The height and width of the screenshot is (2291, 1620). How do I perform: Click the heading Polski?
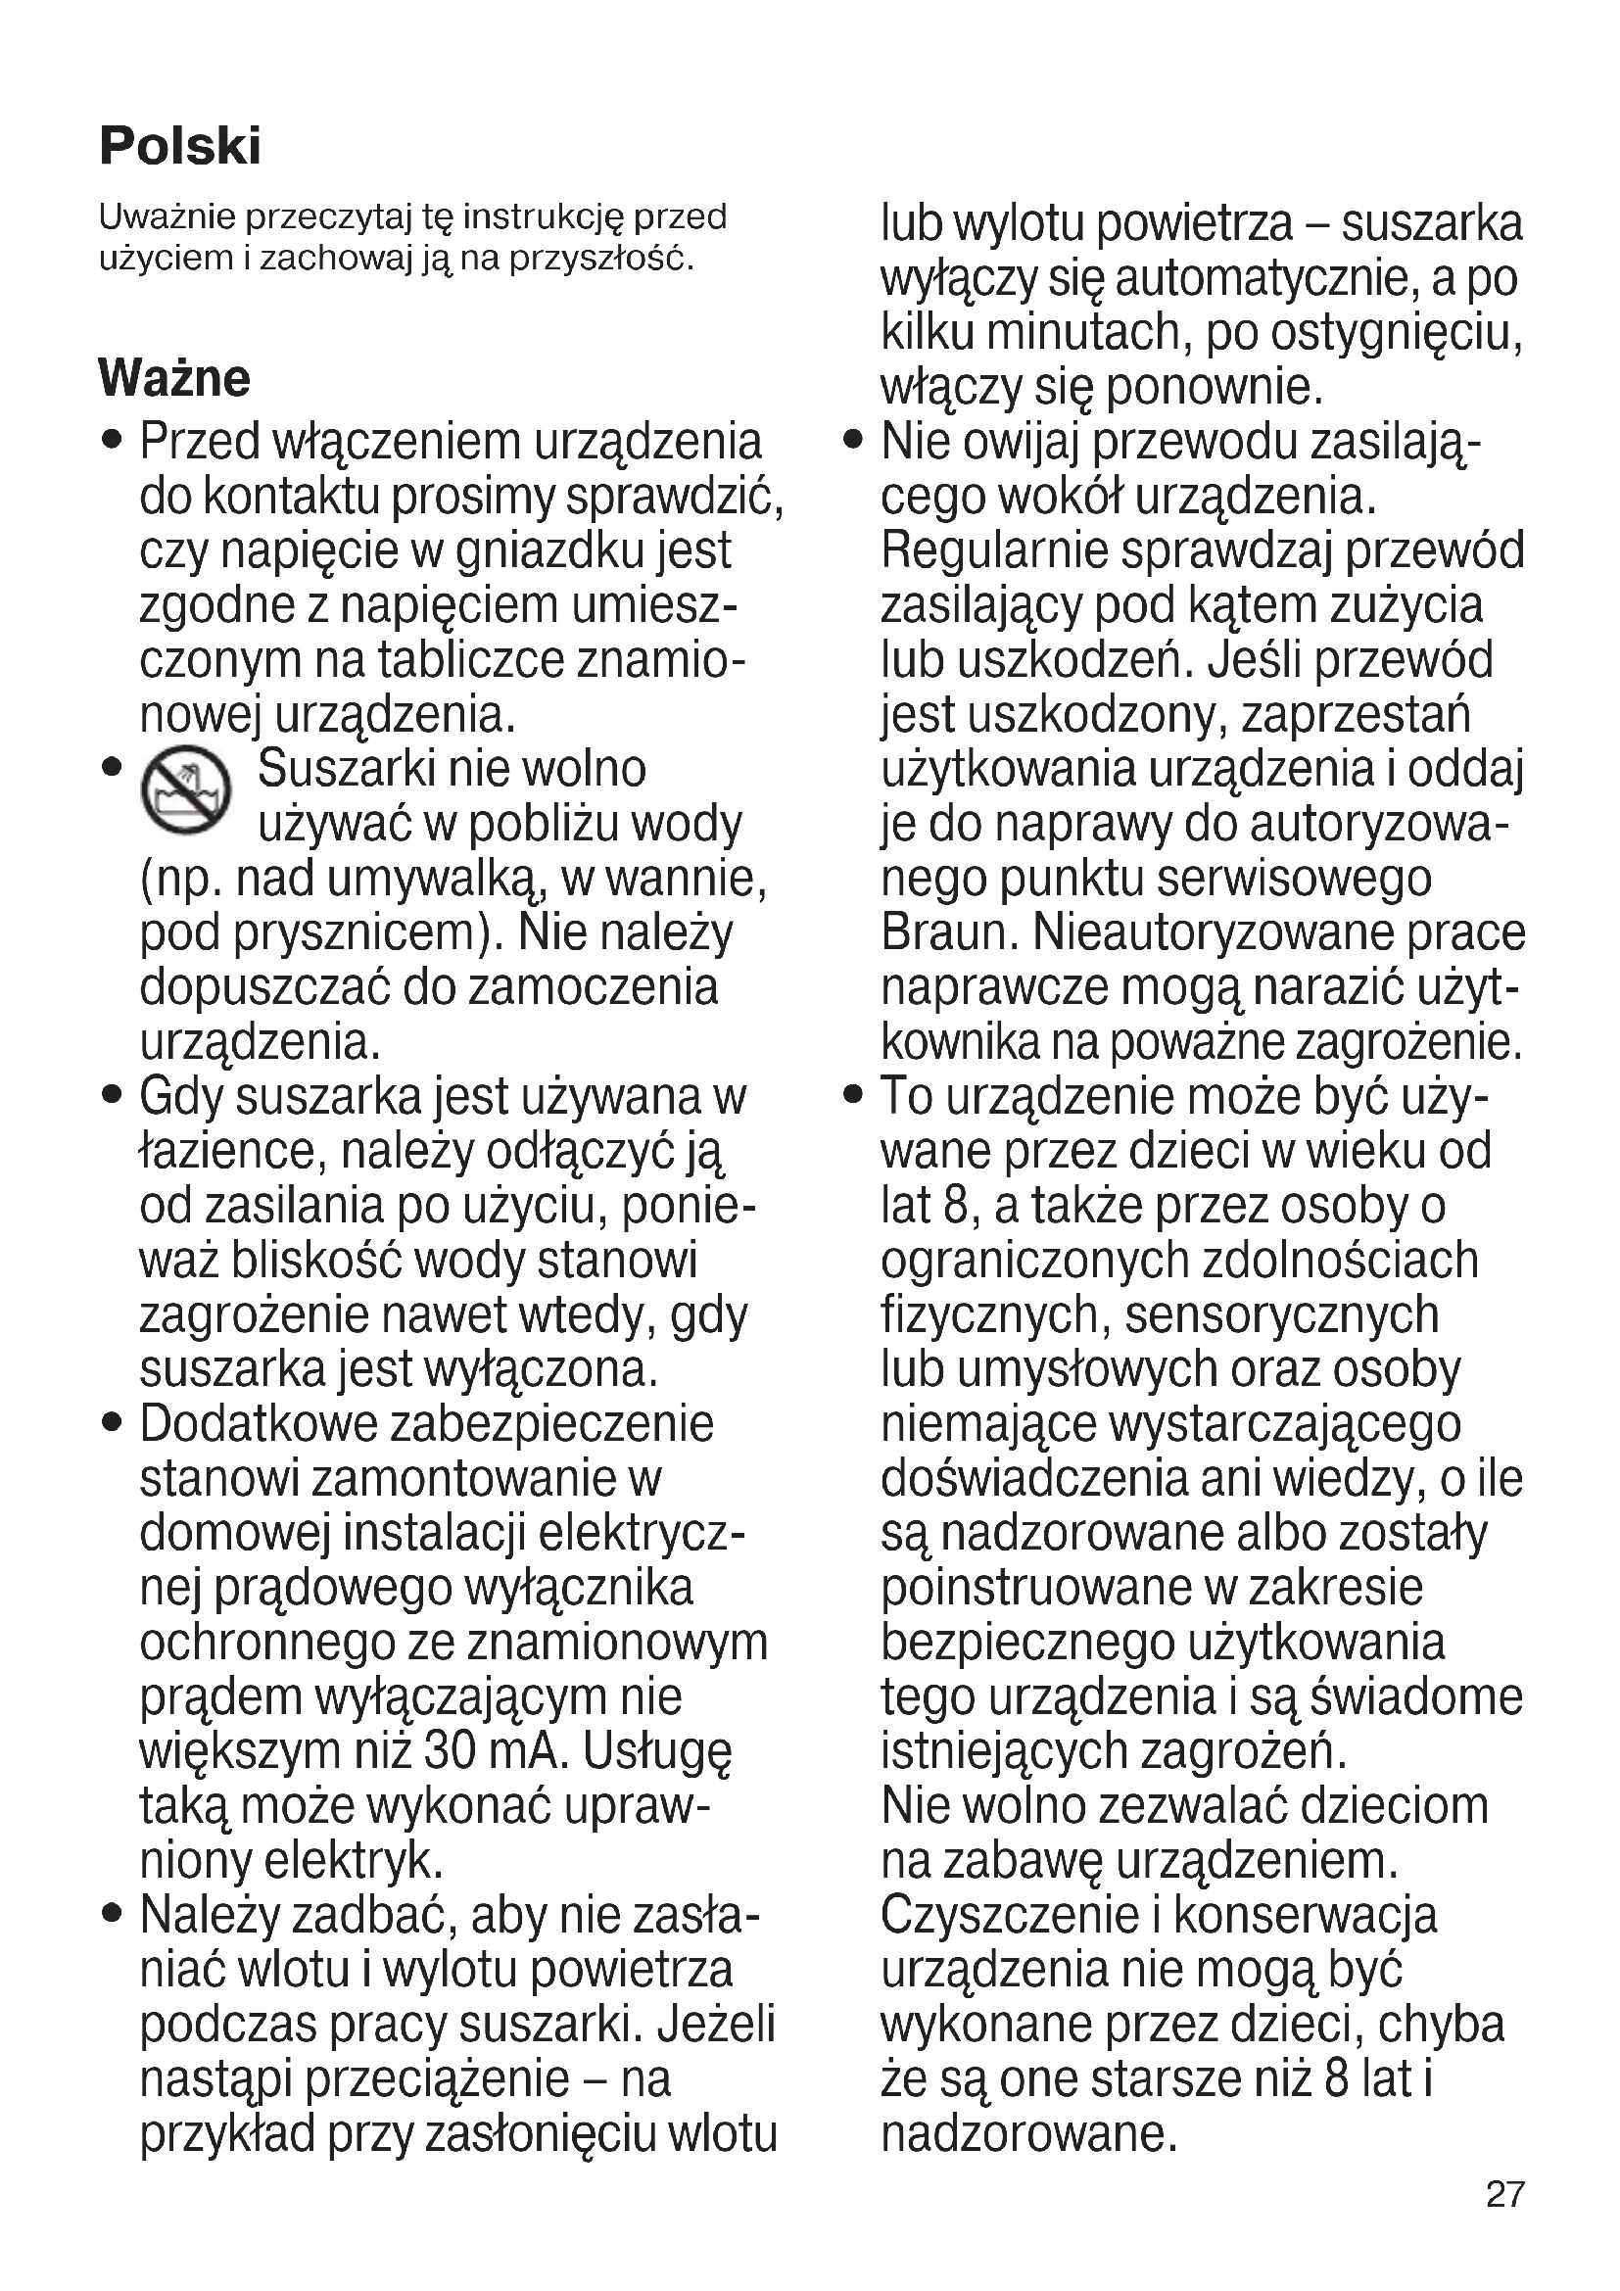tap(179, 147)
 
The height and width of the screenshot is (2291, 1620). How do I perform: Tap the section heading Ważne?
tap(173, 378)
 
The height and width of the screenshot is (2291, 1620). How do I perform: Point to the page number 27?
tap(1504, 2194)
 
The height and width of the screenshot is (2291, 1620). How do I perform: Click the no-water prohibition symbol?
tap(186, 790)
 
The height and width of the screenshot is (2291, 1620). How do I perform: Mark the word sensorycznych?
tap(1282, 1315)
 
